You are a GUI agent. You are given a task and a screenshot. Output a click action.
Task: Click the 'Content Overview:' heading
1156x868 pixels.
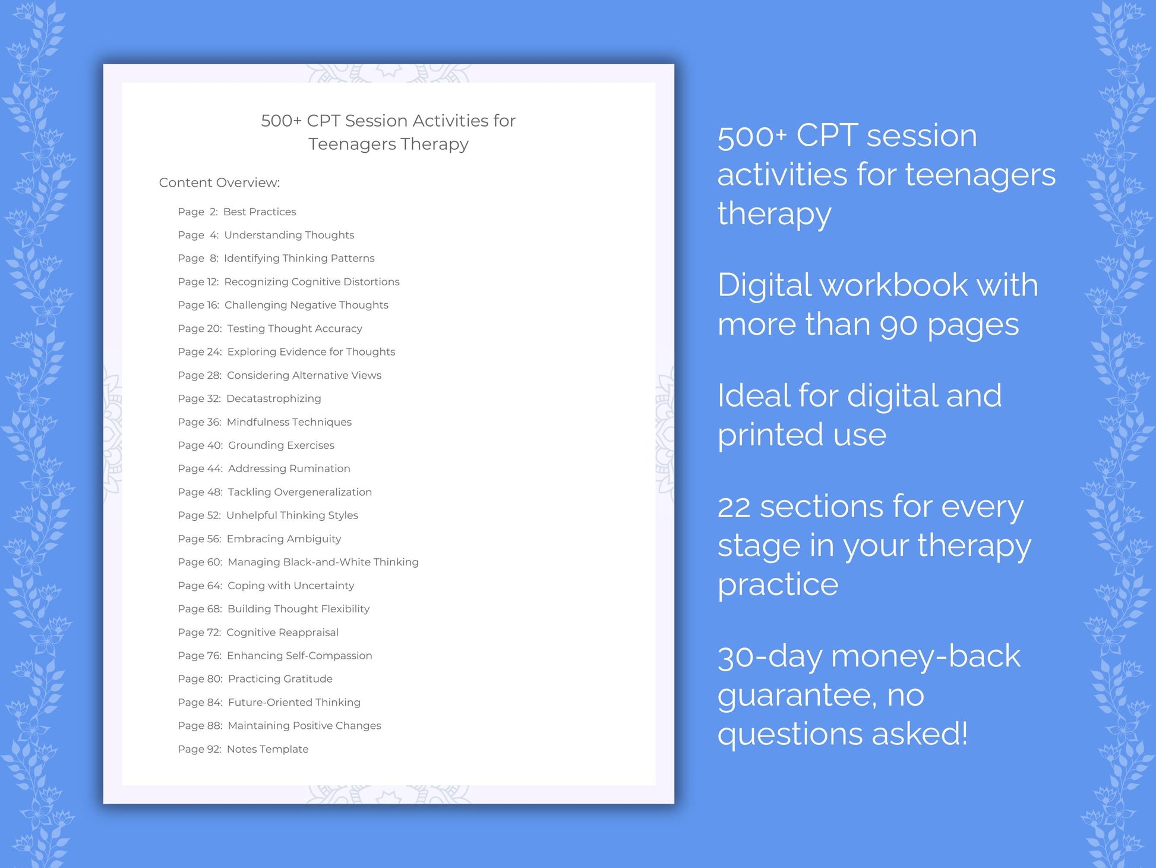pos(219,183)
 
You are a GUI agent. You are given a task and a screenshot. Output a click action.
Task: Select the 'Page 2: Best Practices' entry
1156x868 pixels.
pos(236,212)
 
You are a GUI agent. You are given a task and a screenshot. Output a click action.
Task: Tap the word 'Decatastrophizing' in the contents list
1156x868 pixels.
pos(273,398)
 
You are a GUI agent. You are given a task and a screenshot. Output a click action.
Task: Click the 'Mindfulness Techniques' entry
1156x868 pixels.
pos(289,422)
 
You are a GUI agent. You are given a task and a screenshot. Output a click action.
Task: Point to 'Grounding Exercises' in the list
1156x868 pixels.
pos(281,445)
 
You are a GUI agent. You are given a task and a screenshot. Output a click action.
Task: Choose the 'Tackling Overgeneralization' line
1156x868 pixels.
pos(299,492)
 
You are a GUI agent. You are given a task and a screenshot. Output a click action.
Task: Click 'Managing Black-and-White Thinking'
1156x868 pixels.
pos(323,562)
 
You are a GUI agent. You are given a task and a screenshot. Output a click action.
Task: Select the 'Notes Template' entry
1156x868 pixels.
pos(267,749)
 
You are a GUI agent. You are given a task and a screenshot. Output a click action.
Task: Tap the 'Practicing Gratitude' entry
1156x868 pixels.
pos(280,679)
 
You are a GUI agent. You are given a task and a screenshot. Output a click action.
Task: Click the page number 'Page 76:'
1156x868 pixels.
pos(200,656)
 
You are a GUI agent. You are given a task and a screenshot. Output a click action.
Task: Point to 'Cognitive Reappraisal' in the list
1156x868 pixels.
pos(282,633)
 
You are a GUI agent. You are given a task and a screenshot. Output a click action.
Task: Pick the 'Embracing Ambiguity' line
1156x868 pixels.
pos(283,539)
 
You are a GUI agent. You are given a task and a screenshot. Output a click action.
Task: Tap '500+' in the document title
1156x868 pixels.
pos(281,121)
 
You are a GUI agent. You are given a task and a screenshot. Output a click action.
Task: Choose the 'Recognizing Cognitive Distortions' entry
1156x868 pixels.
pos(311,282)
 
